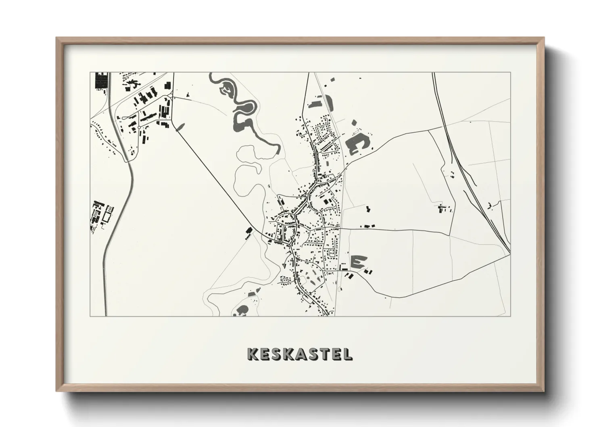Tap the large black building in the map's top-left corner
click(x=101, y=80)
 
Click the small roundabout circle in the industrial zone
click(x=139, y=128)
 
